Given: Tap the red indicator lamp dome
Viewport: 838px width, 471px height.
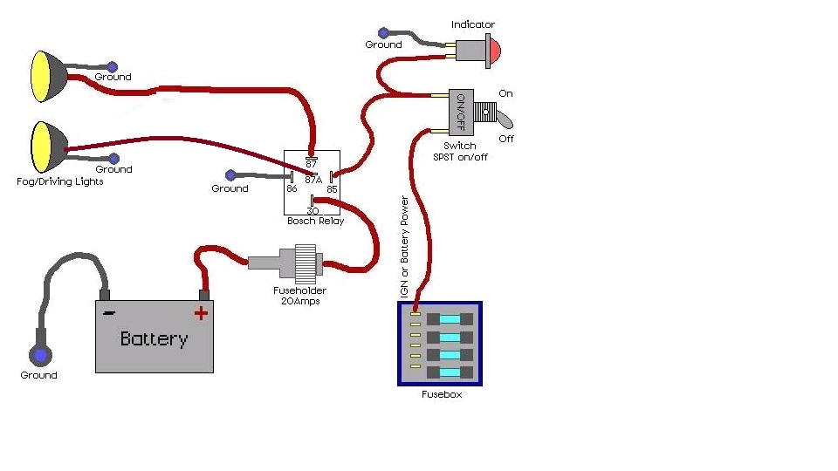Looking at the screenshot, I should tap(491, 51).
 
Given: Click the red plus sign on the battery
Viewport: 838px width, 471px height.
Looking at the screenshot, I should tap(202, 313).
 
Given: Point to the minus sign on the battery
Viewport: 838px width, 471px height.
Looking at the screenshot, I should tap(108, 312).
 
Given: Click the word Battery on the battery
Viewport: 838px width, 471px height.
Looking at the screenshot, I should tap(154, 338).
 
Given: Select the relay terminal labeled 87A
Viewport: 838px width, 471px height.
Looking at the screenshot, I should tap(313, 180).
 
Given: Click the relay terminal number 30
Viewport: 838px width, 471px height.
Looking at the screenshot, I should tap(312, 209).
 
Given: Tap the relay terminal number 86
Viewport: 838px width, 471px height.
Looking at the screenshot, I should tap(292, 188).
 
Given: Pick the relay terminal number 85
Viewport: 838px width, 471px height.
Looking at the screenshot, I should tap(332, 188).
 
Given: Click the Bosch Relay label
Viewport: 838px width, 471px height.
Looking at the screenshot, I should tap(315, 222).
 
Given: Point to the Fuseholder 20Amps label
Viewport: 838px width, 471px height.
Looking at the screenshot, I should tap(299, 296).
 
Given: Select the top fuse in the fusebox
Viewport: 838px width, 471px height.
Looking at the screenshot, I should tap(450, 319).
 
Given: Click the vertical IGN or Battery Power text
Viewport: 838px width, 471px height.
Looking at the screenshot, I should tap(404, 248).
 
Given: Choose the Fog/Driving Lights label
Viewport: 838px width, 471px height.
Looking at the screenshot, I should tap(60, 181).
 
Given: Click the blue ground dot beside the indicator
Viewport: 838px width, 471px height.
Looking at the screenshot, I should tap(383, 33).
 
